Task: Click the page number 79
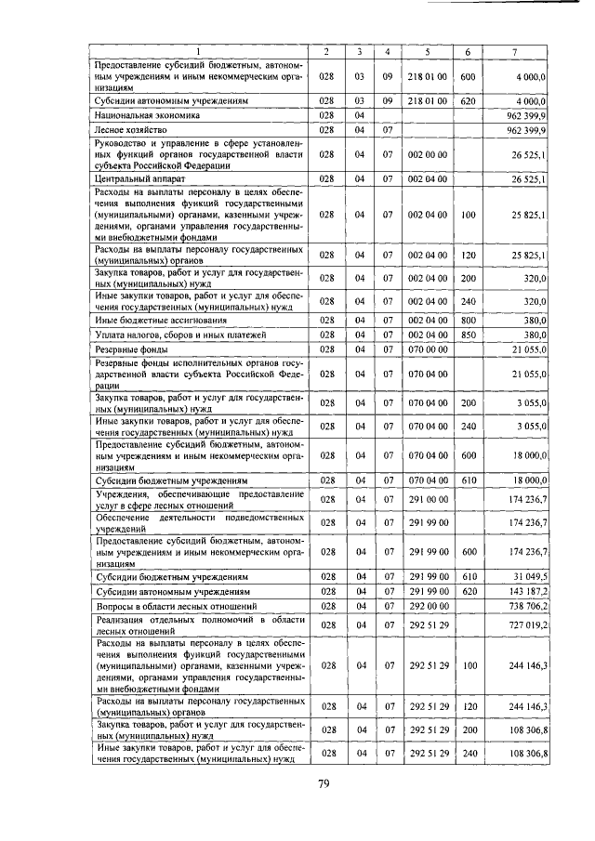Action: (324, 783)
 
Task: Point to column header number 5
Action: (427, 50)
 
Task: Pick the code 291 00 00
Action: (429, 499)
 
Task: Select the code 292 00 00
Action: (429, 605)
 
